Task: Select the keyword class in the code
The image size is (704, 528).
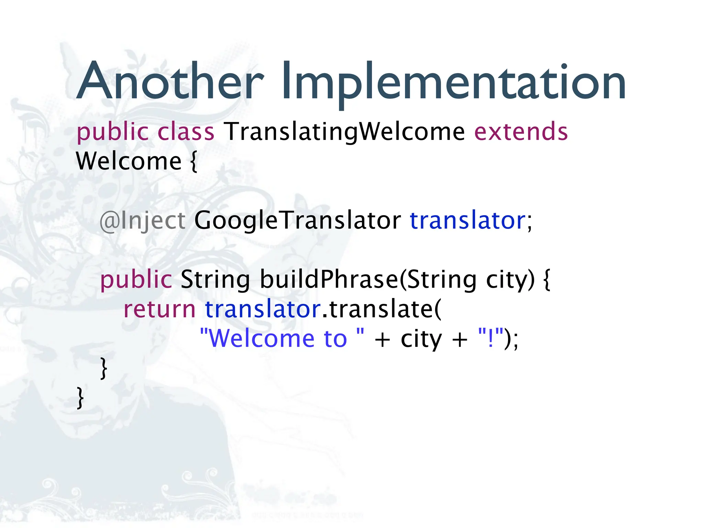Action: click(x=186, y=132)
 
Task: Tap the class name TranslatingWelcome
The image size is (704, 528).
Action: click(x=344, y=132)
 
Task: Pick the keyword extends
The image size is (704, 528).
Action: click(x=521, y=132)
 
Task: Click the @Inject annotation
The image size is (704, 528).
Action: click(x=142, y=220)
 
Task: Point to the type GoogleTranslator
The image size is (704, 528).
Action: click(x=297, y=220)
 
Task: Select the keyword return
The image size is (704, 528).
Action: click(x=159, y=309)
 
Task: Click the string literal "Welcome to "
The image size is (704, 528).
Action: click(x=282, y=339)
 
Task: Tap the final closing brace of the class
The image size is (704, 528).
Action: click(x=80, y=398)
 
